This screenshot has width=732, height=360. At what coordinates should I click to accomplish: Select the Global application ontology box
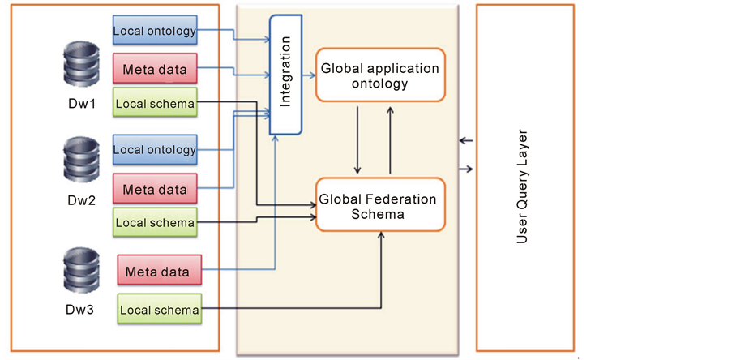coord(380,75)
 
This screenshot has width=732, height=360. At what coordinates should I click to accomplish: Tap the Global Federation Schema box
coord(380,205)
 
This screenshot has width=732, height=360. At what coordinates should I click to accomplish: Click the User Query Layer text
coord(522,186)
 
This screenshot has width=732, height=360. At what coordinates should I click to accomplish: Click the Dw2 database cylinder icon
coord(80,159)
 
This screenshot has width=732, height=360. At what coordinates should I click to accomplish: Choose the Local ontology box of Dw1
coord(155,31)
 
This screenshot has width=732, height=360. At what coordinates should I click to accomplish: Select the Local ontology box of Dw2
coord(155,149)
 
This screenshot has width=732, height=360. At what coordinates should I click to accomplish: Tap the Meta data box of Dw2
coord(155,190)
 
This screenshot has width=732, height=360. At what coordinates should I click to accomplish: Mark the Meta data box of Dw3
coord(159,271)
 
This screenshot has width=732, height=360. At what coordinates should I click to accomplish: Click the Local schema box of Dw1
coord(155,103)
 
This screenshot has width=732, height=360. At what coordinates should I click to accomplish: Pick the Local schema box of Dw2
coord(155,222)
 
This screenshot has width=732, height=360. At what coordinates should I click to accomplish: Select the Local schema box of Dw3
coord(159,309)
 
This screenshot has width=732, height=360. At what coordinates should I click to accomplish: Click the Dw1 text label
coord(80,105)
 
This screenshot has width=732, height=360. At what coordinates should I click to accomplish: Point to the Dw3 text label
coord(82,309)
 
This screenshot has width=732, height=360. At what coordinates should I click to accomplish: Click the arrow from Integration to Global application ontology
coord(309,75)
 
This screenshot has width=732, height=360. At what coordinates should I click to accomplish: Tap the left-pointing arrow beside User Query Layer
coord(465,141)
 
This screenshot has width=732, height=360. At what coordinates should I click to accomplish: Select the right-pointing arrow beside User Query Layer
coord(465,169)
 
